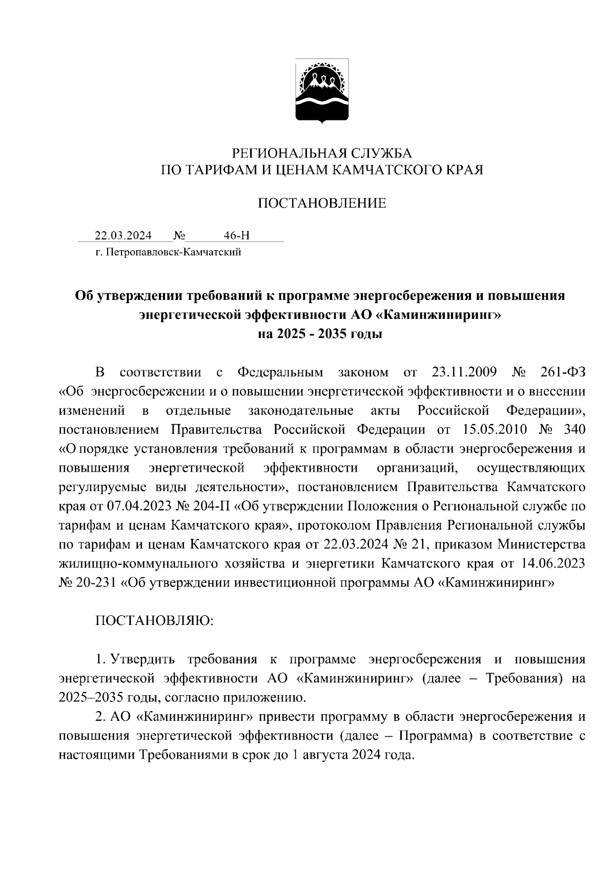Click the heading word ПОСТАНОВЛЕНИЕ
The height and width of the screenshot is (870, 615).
coord(321,204)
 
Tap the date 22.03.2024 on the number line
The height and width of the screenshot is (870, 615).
coord(123,236)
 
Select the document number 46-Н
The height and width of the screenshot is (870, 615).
coord(237,236)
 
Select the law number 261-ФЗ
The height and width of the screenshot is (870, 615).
coord(562,372)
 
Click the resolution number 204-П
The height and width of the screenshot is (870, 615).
coord(211,507)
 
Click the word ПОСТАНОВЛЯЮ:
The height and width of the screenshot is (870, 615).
coord(154,620)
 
